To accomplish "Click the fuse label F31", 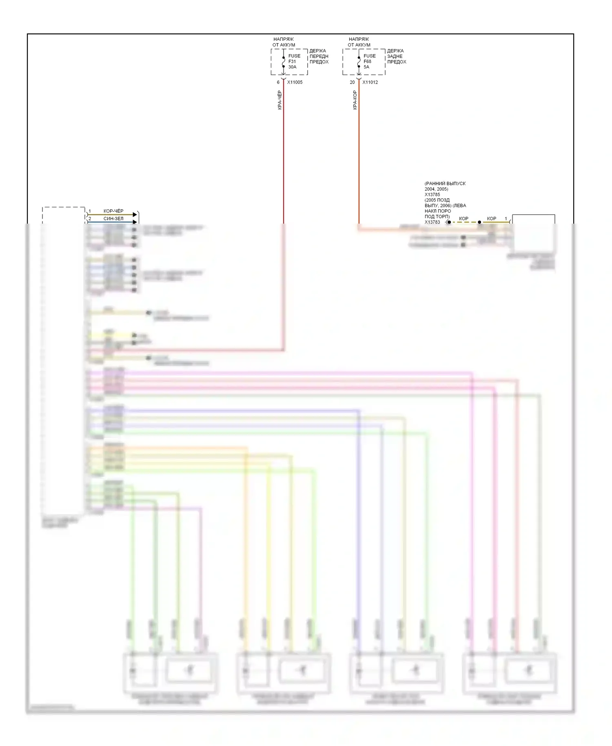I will click(x=292, y=62).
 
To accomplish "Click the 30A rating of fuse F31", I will click(x=292, y=67).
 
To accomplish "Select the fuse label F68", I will click(x=367, y=62).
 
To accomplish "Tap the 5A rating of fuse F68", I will click(x=366, y=67).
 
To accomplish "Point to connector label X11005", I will click(x=295, y=82).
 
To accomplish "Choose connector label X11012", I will click(x=370, y=82).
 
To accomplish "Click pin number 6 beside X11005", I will click(x=278, y=82).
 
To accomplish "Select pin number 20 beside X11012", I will click(x=352, y=82).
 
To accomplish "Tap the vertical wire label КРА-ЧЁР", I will click(x=280, y=100).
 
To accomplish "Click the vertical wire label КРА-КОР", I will click(x=355, y=100).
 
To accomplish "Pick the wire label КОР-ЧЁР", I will click(x=113, y=211).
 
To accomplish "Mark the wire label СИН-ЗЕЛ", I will click(x=113, y=219).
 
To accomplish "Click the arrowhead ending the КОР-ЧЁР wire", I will click(x=135, y=215).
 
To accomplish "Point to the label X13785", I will click(x=432, y=195).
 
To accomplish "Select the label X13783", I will click(x=432, y=222).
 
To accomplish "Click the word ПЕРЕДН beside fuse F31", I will click(x=319, y=56).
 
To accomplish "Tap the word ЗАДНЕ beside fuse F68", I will click(x=395, y=56).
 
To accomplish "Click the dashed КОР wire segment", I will click(x=464, y=222).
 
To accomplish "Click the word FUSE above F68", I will click(x=370, y=56).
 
